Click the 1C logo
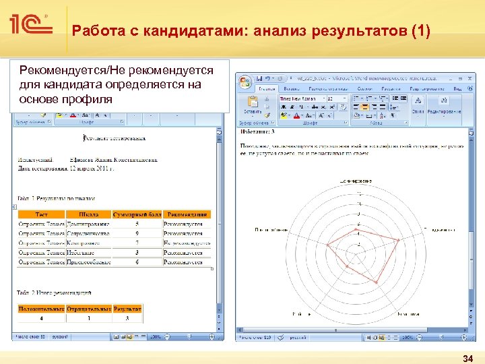(x=31, y=26)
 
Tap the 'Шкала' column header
(x=88, y=214)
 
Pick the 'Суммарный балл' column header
(x=137, y=214)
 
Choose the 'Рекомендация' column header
(x=187, y=214)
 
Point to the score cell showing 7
(x=137, y=243)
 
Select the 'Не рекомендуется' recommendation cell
(x=187, y=243)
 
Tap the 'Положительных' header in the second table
(x=42, y=309)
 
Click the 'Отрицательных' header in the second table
(x=89, y=309)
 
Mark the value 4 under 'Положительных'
(x=42, y=317)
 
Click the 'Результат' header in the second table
(x=128, y=309)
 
